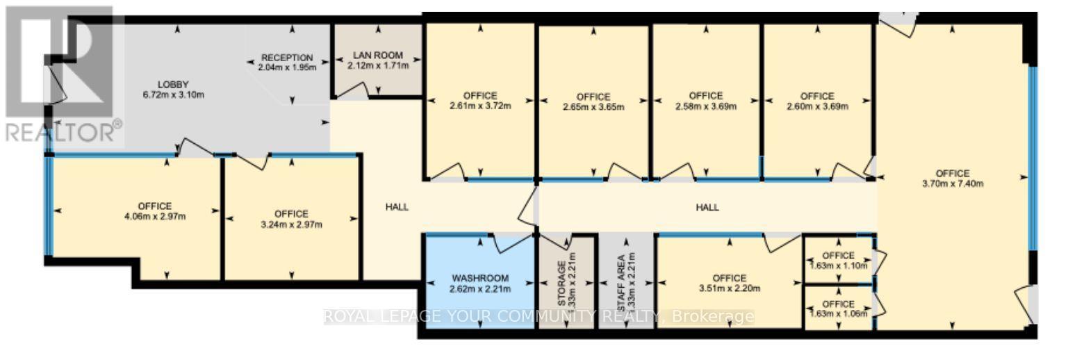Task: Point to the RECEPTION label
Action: point(287,58)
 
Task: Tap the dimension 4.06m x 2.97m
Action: point(154,216)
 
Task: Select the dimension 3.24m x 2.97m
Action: point(290,224)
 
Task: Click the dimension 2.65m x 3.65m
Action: point(593,107)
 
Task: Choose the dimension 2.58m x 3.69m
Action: point(705,106)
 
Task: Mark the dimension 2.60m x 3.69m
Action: point(816,106)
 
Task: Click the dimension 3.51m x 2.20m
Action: point(729,288)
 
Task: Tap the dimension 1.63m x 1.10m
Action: point(838,265)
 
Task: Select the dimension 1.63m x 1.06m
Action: point(838,314)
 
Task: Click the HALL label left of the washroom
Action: point(397,206)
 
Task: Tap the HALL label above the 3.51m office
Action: point(707,207)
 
